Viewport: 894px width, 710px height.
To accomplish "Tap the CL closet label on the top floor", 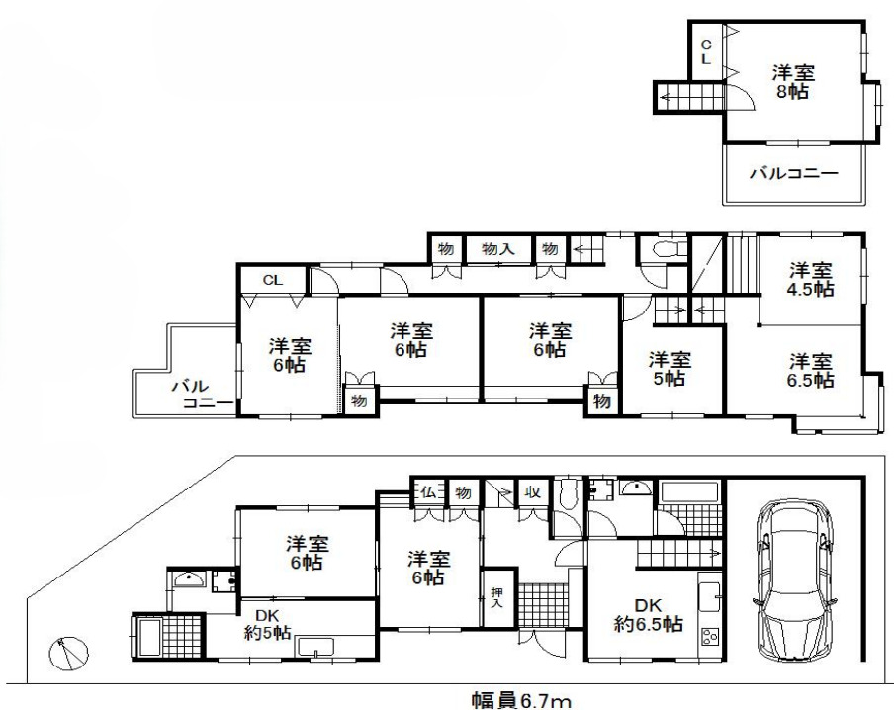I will (706, 51).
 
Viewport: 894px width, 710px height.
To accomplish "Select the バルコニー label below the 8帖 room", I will (792, 173).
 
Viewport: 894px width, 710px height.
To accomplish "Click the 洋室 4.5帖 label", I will (810, 279).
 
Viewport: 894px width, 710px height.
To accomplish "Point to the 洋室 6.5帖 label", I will (810, 369).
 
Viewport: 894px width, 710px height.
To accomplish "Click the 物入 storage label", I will (496, 248).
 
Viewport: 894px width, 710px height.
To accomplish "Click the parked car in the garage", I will (796, 583).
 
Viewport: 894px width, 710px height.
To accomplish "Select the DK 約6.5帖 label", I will (647, 614).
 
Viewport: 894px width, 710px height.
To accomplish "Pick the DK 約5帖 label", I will (267, 624).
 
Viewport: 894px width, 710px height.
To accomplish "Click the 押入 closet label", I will (496, 596).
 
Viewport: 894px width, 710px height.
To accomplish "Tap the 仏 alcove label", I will (428, 491).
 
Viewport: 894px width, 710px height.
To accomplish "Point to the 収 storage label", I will (531, 491).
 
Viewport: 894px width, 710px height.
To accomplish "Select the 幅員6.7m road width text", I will (521, 700).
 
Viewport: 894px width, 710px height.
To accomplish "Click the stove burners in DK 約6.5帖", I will (710, 637).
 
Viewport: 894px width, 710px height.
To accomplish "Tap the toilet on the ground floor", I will (568, 493).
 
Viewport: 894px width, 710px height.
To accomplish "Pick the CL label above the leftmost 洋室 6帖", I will (272, 280).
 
